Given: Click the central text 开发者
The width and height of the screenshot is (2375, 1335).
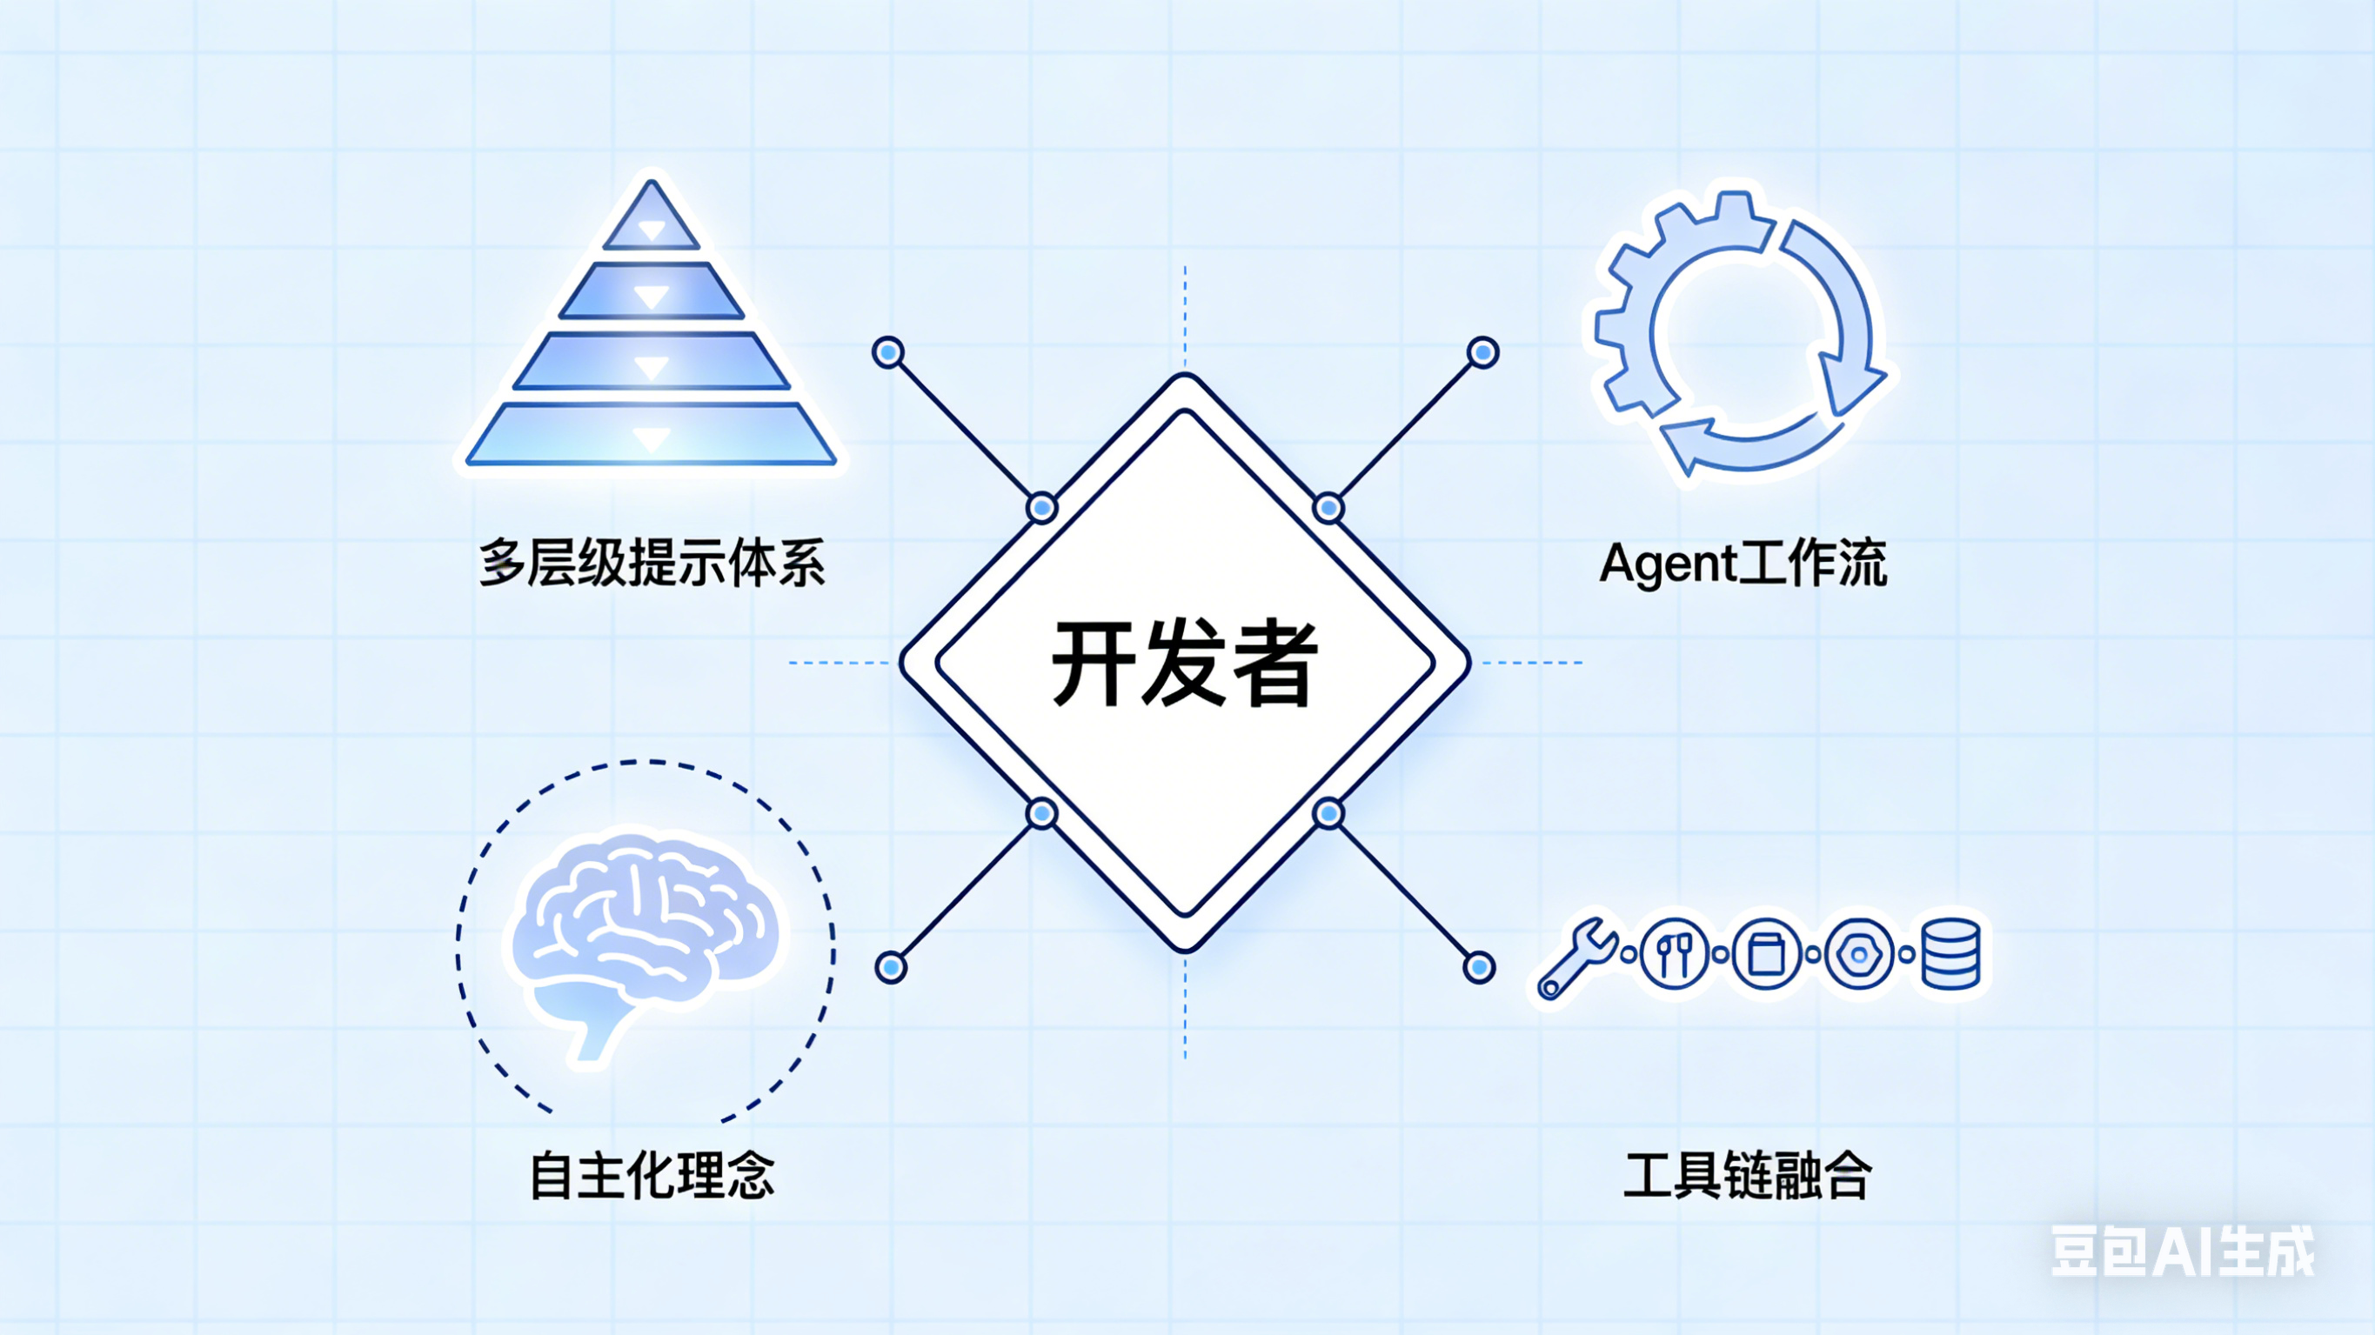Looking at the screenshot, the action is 1185,664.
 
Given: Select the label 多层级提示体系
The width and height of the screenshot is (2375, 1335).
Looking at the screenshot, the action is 652,563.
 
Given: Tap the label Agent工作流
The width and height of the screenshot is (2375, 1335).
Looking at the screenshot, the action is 1743,563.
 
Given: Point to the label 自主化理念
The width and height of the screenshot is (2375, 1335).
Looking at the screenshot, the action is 652,1176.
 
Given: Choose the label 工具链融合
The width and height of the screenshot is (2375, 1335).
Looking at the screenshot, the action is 1746,1176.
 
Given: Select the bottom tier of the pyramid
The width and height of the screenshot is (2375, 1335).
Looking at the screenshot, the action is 652,435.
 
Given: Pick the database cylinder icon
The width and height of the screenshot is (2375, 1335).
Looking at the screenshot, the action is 1950,954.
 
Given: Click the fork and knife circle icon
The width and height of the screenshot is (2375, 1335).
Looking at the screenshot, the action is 1675,954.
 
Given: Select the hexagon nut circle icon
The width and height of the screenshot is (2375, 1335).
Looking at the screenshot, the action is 1859,954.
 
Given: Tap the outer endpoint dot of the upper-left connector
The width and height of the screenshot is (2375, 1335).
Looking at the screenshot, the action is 888,352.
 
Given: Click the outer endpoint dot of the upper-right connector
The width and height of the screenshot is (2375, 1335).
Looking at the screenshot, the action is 1482,352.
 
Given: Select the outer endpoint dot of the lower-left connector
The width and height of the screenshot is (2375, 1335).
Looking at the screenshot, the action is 891,967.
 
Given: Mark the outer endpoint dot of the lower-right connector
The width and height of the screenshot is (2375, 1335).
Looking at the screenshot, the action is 1479,967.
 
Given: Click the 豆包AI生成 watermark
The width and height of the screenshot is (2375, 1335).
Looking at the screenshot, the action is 2181,1252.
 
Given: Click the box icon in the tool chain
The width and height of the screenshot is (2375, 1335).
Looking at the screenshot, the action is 1767,954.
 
